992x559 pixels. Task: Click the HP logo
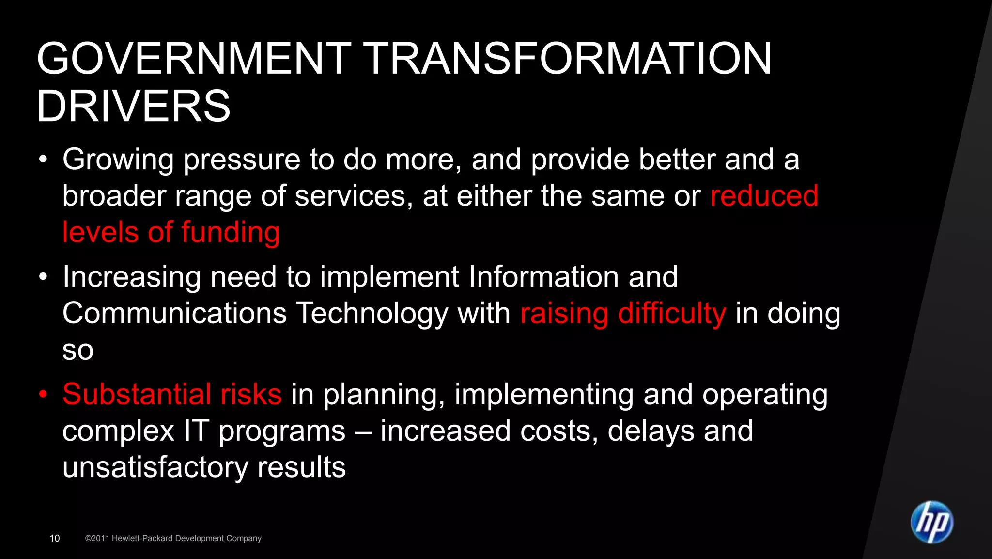point(931,522)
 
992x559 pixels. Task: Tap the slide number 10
point(55,538)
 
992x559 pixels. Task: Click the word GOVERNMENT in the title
point(194,59)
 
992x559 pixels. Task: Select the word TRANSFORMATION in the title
point(567,59)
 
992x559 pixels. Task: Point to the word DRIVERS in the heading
point(133,106)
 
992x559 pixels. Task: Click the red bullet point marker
point(44,394)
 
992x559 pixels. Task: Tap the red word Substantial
point(137,394)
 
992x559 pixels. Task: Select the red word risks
point(251,394)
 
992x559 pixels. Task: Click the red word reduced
point(764,195)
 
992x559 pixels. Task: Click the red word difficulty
point(672,313)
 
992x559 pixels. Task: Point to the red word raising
point(564,313)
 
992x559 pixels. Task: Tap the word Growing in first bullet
point(118,160)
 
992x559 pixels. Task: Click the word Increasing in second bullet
point(131,277)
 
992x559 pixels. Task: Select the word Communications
point(174,313)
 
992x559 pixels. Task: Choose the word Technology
point(372,313)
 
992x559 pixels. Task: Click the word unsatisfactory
point(155,467)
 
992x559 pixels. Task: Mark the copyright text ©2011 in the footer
point(97,538)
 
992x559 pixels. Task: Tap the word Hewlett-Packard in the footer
point(142,538)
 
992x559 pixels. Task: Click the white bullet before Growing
point(44,159)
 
